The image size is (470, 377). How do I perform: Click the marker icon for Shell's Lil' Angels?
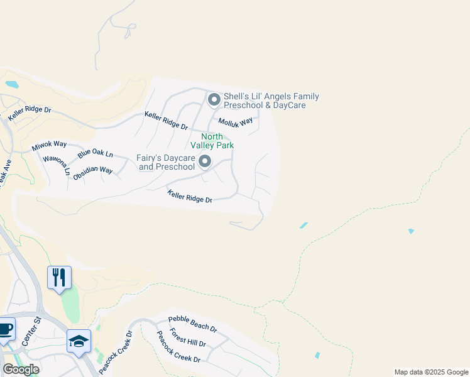point(214,100)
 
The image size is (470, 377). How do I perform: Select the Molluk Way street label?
point(236,121)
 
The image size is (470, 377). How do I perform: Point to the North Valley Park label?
point(217,141)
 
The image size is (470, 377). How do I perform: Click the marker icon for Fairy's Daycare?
point(205,163)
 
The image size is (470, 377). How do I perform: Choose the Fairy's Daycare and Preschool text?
point(166,162)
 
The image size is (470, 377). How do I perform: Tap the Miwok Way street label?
point(49,147)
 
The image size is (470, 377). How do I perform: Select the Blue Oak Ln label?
point(95,154)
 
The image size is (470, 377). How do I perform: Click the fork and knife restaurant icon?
point(59,278)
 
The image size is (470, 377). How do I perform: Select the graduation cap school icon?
point(79,341)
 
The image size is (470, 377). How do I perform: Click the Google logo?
point(21,369)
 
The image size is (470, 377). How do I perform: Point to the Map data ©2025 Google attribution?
point(431,372)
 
